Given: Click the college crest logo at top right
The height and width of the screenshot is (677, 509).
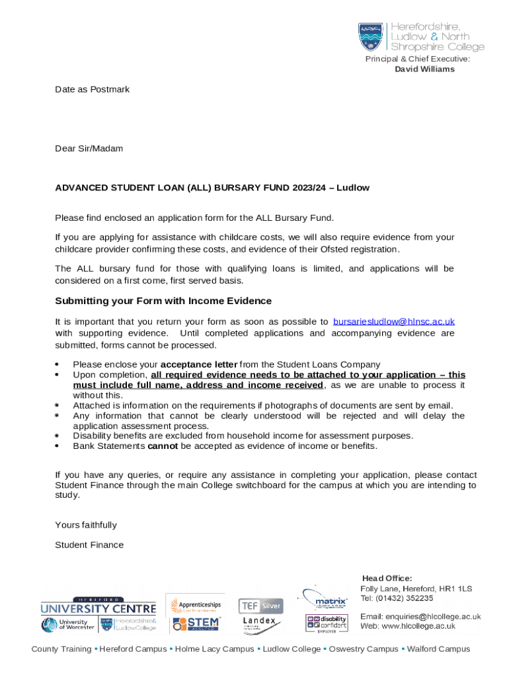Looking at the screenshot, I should click(370, 37).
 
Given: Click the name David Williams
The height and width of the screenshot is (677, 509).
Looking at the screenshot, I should click(424, 69).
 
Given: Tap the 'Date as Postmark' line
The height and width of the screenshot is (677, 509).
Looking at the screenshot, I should click(92, 89).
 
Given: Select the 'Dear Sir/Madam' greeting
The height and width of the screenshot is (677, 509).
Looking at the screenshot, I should click(89, 149).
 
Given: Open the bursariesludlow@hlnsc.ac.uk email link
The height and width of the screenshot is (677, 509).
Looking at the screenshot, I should click(394, 322).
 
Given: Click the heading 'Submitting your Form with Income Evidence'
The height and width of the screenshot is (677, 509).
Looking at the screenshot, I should click(163, 301).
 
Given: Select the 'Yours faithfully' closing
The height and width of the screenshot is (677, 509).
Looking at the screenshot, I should click(86, 525).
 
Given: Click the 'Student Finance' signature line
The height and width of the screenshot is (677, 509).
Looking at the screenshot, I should click(89, 545).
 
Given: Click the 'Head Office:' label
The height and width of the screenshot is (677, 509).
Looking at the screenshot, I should click(387, 578).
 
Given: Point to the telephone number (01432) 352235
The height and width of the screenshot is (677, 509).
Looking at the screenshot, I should click(406, 598).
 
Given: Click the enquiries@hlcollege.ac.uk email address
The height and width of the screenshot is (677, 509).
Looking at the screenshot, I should click(435, 617).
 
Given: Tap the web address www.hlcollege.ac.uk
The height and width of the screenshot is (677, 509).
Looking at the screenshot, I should click(417, 626).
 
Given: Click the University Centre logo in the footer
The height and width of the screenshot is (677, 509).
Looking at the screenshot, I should click(98, 606).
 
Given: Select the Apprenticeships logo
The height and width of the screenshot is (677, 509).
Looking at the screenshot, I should click(196, 605).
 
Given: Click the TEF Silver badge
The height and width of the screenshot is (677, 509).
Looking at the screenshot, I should click(260, 606).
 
